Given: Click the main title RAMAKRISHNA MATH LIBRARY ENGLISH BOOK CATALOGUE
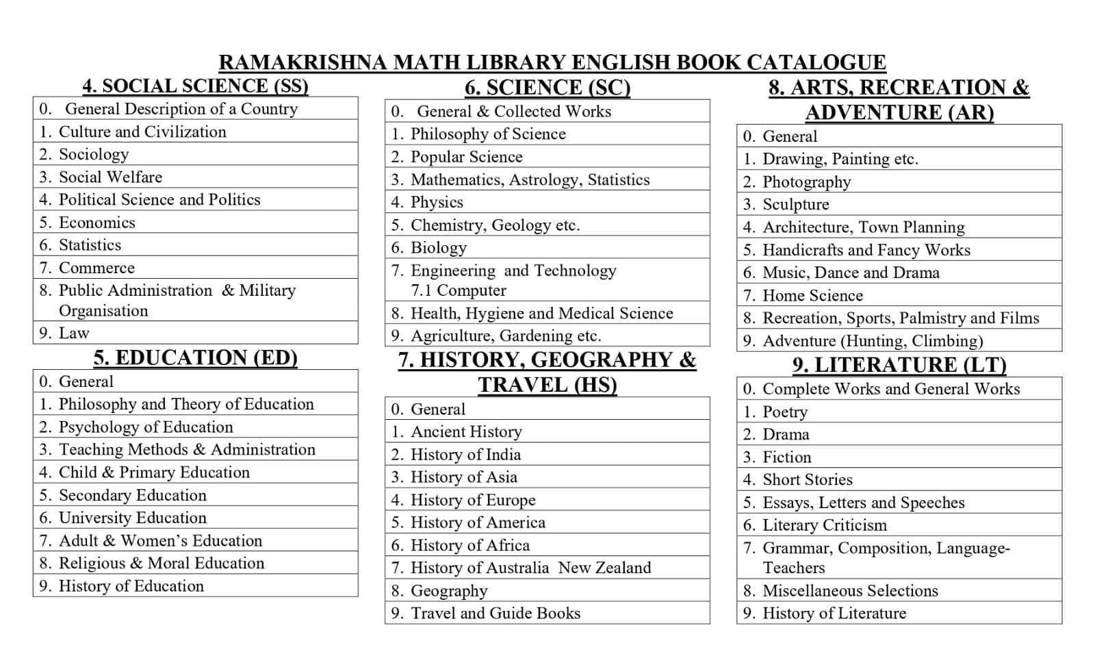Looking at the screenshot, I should point(552,62).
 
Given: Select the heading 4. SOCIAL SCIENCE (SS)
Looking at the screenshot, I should point(195,86).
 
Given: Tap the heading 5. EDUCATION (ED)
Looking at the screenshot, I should point(195,357).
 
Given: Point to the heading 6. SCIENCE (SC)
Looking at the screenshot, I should point(547,88).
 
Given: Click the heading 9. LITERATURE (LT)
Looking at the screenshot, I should point(899,364).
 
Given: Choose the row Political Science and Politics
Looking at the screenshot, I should point(159,199).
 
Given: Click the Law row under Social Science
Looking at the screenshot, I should point(74,333).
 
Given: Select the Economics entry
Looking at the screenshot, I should point(96,223).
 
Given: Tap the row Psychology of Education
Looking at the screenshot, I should point(145,427).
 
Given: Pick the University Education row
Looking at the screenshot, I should point(132,518).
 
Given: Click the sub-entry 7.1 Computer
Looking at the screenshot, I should point(458,290).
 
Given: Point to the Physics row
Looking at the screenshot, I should point(436,202).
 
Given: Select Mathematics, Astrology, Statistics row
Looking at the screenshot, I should point(530,179).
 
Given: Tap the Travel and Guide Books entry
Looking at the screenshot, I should point(495,613).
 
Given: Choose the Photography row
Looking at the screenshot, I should point(806,181).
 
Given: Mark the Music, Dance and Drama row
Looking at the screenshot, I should point(851,273).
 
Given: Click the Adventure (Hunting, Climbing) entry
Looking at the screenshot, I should point(872,340).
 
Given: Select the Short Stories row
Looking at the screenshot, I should point(807,479).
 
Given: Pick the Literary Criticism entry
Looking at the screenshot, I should point(824,525).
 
